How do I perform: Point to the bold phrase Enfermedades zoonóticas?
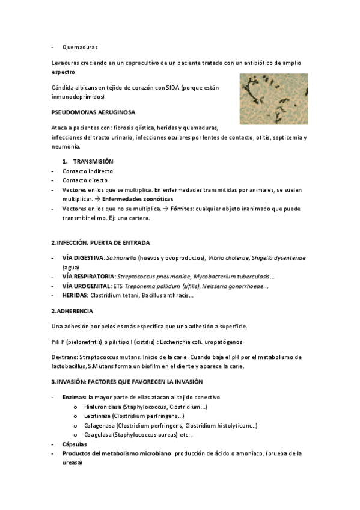(x=138, y=199)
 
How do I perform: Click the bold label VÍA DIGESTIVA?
(x=83, y=257)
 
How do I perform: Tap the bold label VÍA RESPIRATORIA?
(x=88, y=276)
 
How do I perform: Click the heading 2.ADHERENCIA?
(x=72, y=311)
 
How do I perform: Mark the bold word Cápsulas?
(x=75, y=444)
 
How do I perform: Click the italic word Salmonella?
(x=121, y=257)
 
